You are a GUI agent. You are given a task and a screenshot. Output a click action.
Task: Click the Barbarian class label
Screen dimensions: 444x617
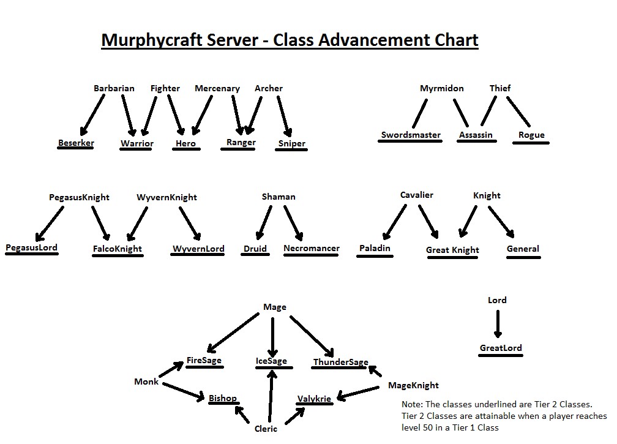pyautogui.click(x=114, y=88)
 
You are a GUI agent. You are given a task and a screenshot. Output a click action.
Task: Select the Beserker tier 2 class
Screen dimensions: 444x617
pyautogui.click(x=76, y=143)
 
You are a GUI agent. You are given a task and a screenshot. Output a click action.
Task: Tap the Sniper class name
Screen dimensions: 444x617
pyautogui.click(x=291, y=144)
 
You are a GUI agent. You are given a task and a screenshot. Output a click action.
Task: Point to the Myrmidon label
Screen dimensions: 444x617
pyautogui.click(x=441, y=88)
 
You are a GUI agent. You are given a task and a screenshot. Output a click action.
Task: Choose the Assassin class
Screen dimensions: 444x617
pyautogui.click(x=476, y=135)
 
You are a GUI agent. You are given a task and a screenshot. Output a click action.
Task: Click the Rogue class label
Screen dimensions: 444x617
pyautogui.click(x=531, y=135)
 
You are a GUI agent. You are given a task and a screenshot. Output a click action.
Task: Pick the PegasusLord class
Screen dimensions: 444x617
pyautogui.click(x=32, y=247)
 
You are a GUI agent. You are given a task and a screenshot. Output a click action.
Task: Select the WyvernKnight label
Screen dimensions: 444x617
pyautogui.click(x=167, y=197)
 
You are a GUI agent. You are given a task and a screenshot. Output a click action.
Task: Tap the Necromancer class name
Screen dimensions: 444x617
pyautogui.click(x=311, y=248)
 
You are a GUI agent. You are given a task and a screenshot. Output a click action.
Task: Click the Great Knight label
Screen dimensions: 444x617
pyautogui.click(x=452, y=250)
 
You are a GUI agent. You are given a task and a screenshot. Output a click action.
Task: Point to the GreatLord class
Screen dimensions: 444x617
pyautogui.click(x=501, y=348)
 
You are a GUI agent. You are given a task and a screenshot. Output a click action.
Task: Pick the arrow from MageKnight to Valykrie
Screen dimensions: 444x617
pyautogui.click(x=358, y=392)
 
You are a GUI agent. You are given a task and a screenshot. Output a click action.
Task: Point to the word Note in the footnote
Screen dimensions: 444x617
pyautogui.click(x=411, y=404)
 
